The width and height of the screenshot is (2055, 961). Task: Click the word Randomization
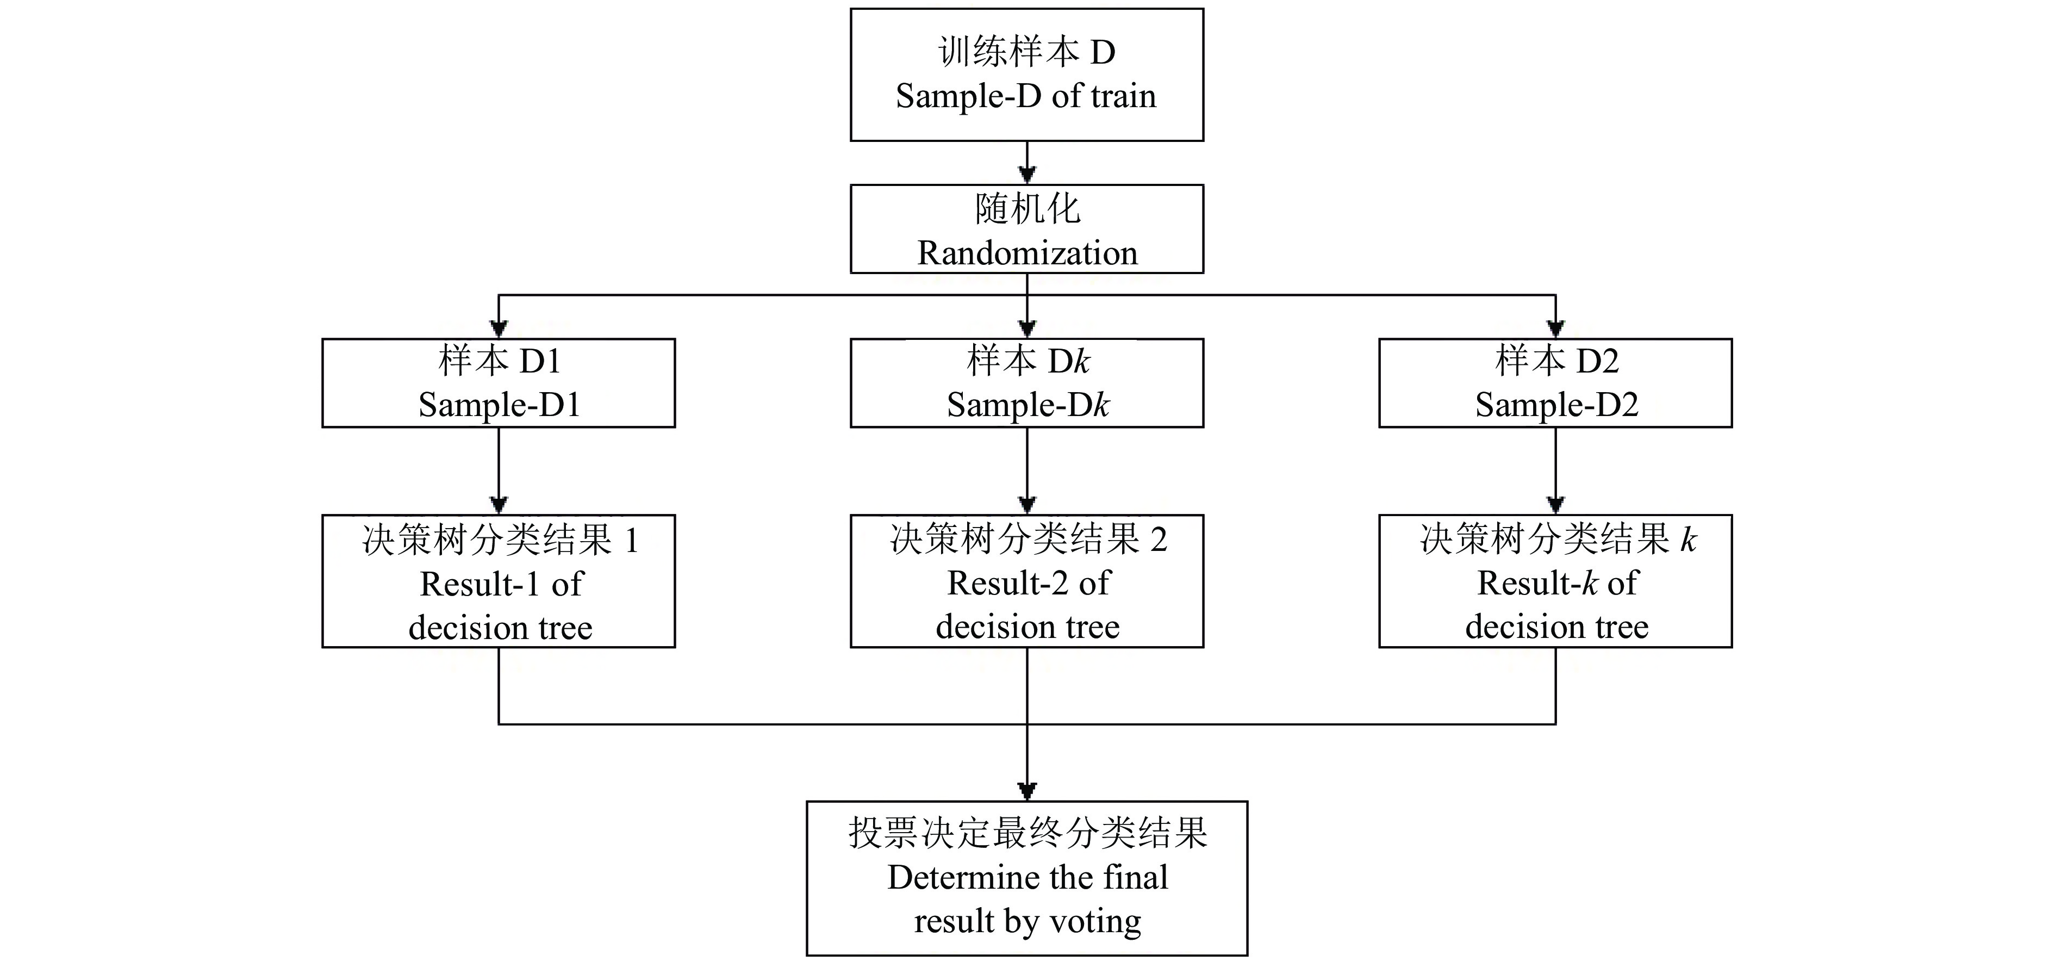click(x=1027, y=253)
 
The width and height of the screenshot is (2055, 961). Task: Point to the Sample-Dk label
click(x=1027, y=405)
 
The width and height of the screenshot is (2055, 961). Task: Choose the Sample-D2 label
click(x=1555, y=405)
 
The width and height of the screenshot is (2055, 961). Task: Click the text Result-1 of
click(x=501, y=584)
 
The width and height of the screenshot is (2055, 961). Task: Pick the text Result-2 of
click(x=1027, y=584)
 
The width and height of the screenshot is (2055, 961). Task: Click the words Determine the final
click(x=1027, y=878)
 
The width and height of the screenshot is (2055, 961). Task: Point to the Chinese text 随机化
click(x=1027, y=209)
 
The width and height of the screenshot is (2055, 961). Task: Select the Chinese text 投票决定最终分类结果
click(x=1027, y=833)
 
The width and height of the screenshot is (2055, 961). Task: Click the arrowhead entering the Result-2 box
click(x=1027, y=505)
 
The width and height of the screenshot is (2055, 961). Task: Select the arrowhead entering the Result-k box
click(x=1555, y=505)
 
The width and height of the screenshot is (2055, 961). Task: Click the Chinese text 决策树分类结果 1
click(x=500, y=541)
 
